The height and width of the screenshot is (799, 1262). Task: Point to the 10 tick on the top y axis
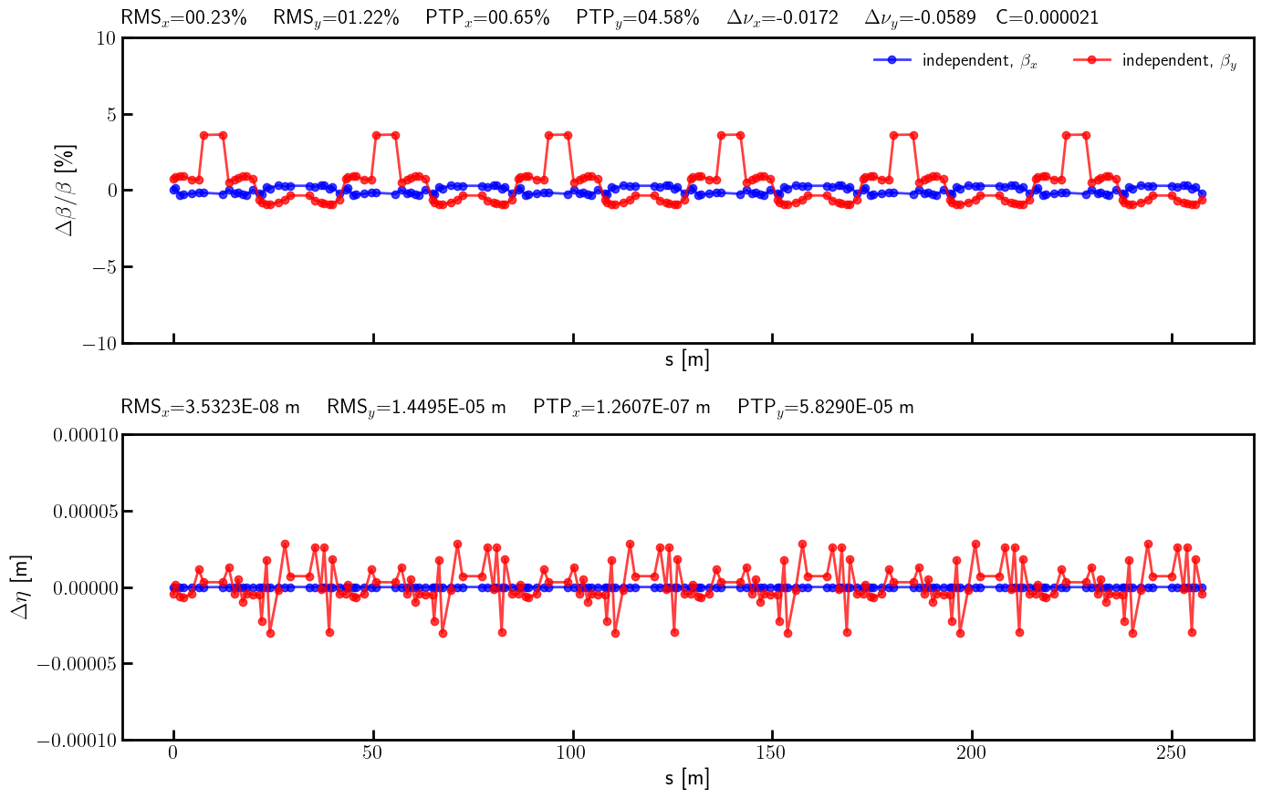tap(107, 37)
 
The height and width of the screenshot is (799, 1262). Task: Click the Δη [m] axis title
tap(20, 586)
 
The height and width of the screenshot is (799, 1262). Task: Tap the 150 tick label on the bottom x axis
tap(772, 752)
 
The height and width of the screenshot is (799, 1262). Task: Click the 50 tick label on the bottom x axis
tap(373, 752)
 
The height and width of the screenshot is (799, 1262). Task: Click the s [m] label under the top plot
tap(687, 359)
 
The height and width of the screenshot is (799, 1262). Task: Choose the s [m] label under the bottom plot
tap(687, 778)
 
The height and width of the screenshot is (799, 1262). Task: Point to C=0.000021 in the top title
tap(1048, 17)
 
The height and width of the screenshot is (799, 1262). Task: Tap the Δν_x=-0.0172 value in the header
tap(782, 17)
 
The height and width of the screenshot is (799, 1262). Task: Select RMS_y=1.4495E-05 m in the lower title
tap(416, 407)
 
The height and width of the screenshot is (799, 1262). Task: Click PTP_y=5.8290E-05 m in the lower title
tap(825, 407)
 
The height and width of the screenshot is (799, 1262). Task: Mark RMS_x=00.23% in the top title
tap(183, 17)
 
